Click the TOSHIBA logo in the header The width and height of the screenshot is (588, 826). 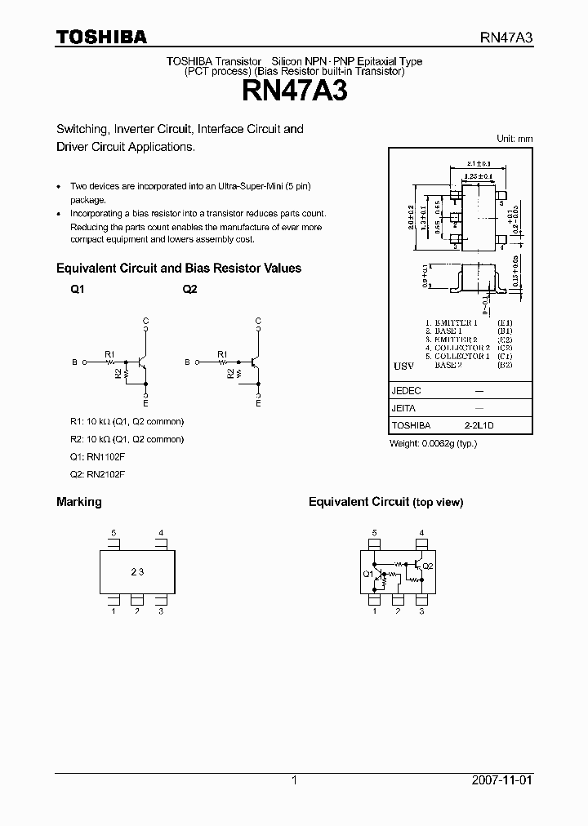coord(101,37)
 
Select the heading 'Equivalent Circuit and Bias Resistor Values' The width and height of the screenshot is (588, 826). coord(178,268)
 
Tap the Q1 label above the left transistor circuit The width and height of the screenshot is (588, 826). coord(78,290)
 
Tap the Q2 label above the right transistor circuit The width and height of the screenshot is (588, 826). coord(189,290)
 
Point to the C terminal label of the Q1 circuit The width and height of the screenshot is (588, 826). coord(146,321)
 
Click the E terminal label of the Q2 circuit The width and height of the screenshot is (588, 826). coord(258,403)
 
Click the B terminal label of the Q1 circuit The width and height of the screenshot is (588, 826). coord(74,362)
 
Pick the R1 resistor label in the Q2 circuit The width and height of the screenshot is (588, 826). coord(221,354)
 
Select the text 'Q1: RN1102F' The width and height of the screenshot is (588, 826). coord(97,456)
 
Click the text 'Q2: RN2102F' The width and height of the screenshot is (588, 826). coord(97,474)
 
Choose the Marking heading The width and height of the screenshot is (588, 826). coord(78,502)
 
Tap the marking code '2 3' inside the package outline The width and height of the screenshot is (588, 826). coord(137,572)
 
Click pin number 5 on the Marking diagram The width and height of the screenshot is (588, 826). coord(114,533)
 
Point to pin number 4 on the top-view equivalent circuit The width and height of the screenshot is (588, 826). coord(421,533)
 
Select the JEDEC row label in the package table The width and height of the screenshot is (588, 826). coord(407,391)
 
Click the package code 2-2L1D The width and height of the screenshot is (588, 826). coord(479,425)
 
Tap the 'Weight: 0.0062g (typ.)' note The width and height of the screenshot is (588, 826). coord(433,443)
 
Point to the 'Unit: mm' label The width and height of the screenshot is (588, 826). coord(514,139)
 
